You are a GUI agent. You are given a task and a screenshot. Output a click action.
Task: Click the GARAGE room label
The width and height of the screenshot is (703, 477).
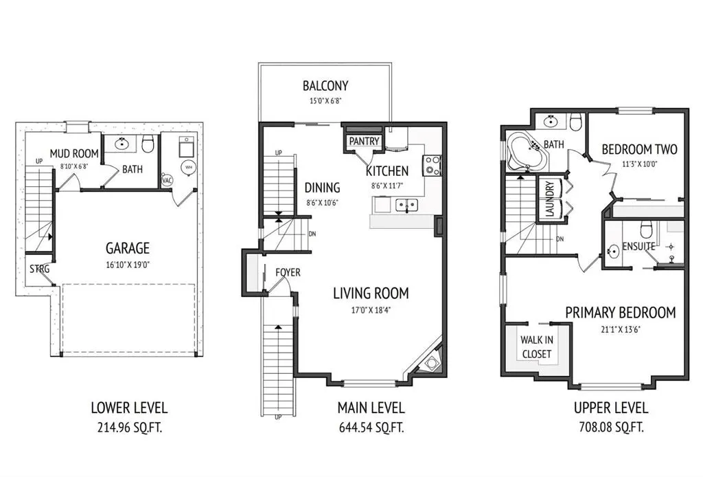[127, 248]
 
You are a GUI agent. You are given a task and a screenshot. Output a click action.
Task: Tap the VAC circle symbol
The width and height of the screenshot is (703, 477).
[167, 180]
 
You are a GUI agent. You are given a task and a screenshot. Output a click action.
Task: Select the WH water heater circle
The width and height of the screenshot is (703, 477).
[188, 168]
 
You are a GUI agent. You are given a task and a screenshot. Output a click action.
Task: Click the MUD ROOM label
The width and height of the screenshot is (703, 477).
[74, 154]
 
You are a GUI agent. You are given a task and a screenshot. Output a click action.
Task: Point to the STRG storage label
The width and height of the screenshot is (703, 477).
[39, 269]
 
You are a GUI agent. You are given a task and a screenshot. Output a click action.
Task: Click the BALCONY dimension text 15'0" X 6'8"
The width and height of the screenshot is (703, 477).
[325, 100]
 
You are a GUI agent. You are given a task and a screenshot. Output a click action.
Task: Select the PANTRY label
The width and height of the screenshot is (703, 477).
[364, 142]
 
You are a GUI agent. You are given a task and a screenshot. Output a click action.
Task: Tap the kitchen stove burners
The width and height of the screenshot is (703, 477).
[433, 165]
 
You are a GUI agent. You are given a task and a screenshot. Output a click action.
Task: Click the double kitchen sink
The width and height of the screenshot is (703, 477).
[406, 205]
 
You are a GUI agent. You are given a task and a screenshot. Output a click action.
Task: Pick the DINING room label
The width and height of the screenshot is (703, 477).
[323, 188]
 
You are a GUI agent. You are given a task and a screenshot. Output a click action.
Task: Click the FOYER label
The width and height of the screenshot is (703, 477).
[288, 272]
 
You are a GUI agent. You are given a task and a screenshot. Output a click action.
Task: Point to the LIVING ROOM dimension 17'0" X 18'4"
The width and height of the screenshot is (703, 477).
[371, 309]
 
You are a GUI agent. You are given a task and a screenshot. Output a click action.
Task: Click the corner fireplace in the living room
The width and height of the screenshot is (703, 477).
[431, 363]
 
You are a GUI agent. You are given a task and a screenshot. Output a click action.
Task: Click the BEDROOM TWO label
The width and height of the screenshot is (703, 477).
[639, 149]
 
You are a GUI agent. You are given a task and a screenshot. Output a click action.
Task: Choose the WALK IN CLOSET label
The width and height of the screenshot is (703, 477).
[537, 347]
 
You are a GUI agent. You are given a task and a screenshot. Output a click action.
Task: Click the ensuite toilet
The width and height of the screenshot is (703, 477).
[646, 230]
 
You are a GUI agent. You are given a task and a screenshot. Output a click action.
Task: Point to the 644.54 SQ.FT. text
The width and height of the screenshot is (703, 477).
[371, 427]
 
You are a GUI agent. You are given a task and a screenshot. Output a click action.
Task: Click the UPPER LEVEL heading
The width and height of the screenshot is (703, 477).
[611, 408]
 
